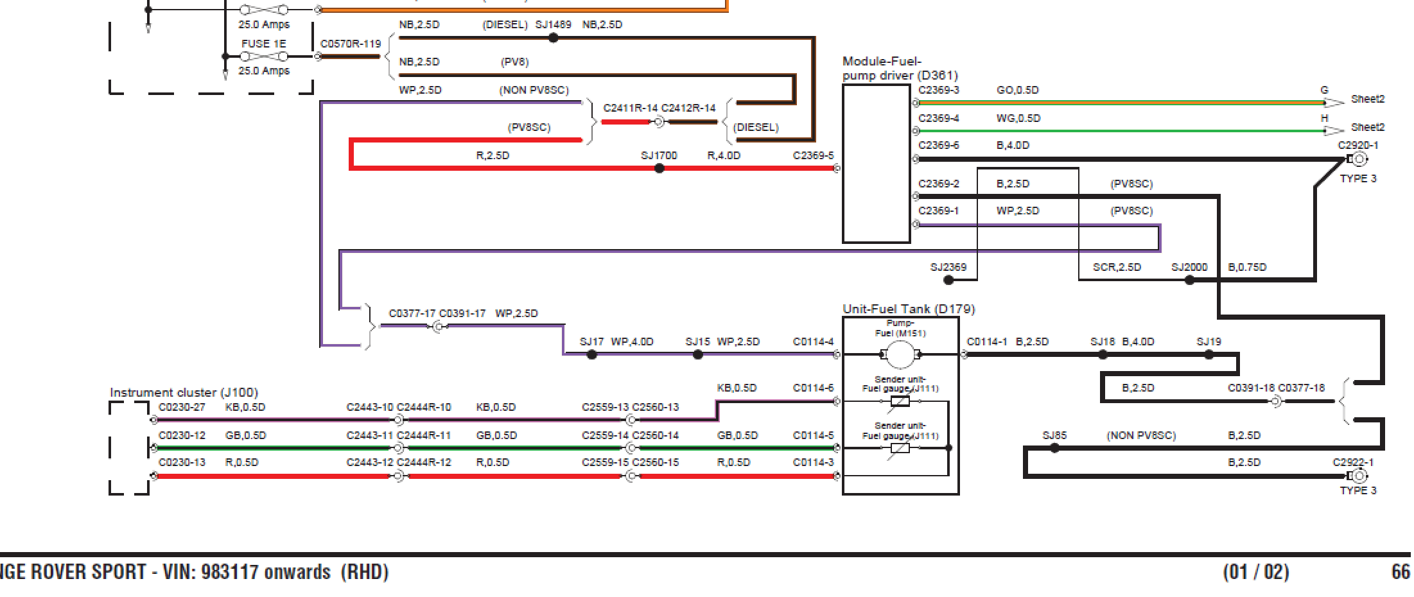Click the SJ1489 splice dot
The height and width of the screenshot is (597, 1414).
[554, 38]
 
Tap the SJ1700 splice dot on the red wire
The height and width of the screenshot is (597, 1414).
[659, 168]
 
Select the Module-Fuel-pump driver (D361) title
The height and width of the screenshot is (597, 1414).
[900, 68]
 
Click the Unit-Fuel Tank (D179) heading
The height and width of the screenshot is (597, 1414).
[909, 309]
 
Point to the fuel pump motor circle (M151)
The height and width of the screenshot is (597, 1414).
[900, 354]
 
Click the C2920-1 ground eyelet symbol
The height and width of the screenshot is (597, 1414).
[1359, 159]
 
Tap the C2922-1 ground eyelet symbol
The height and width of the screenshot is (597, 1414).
[1359, 476]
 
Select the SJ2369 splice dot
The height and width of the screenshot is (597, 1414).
[948, 280]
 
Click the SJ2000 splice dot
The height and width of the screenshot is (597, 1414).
[1189, 280]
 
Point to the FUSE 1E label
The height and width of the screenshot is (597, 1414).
[263, 44]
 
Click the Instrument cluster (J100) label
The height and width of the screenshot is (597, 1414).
[184, 392]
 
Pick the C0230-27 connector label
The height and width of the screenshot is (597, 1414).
[182, 407]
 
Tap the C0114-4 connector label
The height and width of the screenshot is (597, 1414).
[813, 342]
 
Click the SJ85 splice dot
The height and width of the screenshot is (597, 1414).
[1054, 448]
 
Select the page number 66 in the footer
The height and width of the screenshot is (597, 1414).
[1401, 571]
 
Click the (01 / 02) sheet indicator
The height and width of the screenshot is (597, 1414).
[1255, 571]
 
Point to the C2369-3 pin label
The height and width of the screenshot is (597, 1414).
[938, 90]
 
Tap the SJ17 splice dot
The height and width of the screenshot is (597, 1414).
[592, 354]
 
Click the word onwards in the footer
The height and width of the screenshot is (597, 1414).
[297, 571]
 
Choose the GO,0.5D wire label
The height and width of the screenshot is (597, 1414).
[1017, 90]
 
